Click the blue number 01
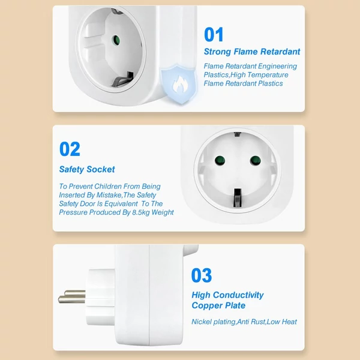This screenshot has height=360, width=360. (x=214, y=34)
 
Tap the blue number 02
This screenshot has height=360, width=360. (x=70, y=149)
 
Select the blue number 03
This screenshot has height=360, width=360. (x=202, y=275)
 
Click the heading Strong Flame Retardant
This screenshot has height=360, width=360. (x=252, y=52)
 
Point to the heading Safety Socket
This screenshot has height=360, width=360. (x=87, y=169)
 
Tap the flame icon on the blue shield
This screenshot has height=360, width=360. (x=180, y=84)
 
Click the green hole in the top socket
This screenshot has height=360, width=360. (x=116, y=40)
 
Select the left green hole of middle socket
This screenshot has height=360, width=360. (x=220, y=160)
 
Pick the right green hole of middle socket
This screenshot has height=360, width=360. (x=256, y=160)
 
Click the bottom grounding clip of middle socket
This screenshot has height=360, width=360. (x=237, y=197)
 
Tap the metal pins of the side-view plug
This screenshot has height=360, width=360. (x=72, y=296)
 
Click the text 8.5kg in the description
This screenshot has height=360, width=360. (x=141, y=212)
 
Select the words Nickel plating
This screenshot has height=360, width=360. (x=214, y=322)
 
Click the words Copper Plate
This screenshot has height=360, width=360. (x=218, y=305)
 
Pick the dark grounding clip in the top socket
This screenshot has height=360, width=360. (x=123, y=79)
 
